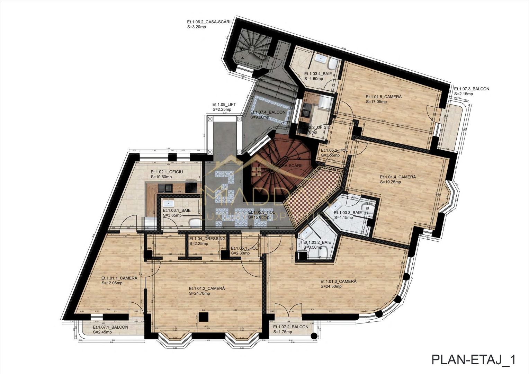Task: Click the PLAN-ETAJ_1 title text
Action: (x=473, y=360)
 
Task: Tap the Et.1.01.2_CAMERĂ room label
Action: (x=207, y=288)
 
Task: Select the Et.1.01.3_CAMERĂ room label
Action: (x=338, y=282)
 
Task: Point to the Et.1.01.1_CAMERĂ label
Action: (x=119, y=278)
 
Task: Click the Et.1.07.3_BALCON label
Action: (x=472, y=89)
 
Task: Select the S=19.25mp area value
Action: (x=390, y=182)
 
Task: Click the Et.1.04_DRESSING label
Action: (x=207, y=239)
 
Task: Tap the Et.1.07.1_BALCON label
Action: (x=110, y=327)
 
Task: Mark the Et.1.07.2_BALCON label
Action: (x=290, y=327)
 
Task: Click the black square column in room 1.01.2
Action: (x=204, y=317)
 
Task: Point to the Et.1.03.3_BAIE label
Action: (x=348, y=213)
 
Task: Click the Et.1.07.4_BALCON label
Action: (x=268, y=113)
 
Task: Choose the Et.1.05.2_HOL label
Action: (x=334, y=151)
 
